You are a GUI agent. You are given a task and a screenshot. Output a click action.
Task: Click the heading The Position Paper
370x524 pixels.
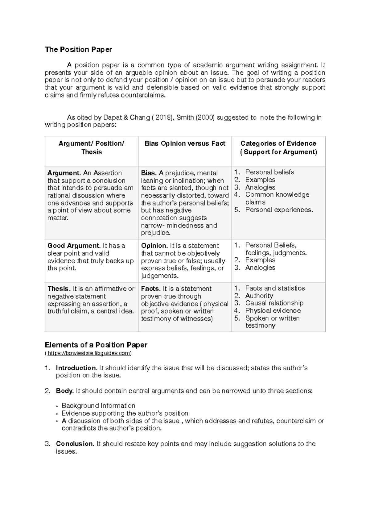[x=78, y=49]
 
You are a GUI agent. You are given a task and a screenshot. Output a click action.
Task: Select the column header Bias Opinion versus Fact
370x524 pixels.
[x=185, y=143]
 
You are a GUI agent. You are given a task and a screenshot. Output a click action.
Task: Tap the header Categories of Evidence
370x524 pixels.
[x=278, y=143]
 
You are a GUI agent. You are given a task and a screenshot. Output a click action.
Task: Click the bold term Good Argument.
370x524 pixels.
[x=74, y=246]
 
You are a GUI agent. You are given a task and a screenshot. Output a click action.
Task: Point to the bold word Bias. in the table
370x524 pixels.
[x=149, y=173]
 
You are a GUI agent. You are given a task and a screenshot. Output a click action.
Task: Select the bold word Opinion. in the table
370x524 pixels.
[x=154, y=246]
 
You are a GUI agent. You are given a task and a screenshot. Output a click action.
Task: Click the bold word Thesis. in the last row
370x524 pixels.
[x=59, y=289]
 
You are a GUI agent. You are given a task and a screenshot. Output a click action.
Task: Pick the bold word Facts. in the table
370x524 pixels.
[x=150, y=289]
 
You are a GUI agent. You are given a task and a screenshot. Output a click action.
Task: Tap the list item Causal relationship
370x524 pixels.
[x=274, y=303]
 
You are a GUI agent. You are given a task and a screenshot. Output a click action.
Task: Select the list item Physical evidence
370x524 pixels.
[x=273, y=311]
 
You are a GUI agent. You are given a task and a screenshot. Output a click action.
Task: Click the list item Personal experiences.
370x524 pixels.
[x=279, y=210]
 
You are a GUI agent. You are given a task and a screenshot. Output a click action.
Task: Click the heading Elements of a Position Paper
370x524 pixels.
[x=96, y=345]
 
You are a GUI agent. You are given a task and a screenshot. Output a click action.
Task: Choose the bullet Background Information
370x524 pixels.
[x=98, y=405]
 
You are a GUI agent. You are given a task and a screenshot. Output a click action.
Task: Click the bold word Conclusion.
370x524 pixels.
[x=75, y=444]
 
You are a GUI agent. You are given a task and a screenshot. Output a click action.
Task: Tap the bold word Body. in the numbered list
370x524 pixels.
[x=65, y=391]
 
